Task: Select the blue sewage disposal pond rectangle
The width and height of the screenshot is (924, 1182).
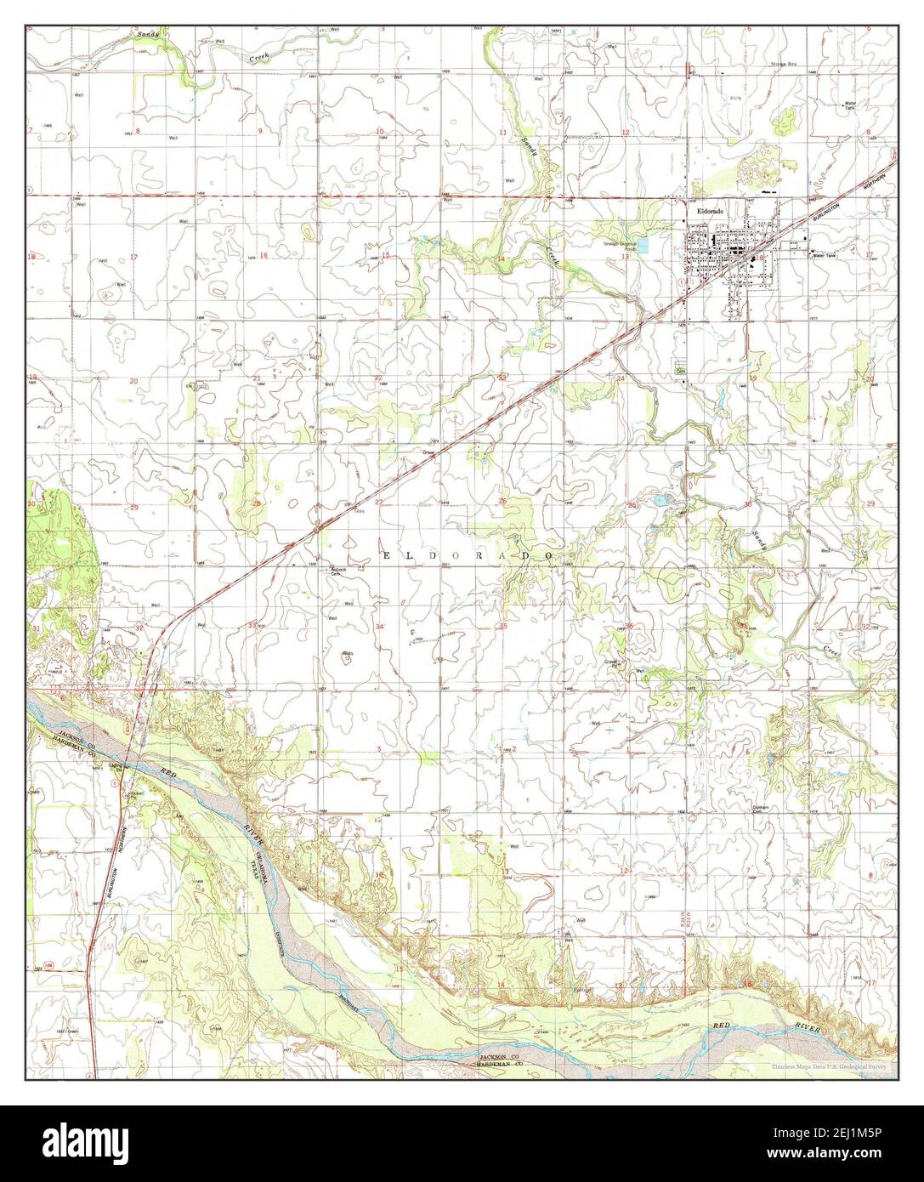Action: click(x=643, y=246)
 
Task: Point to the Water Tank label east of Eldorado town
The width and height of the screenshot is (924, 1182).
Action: click(x=825, y=255)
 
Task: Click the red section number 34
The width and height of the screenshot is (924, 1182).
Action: click(x=380, y=627)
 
